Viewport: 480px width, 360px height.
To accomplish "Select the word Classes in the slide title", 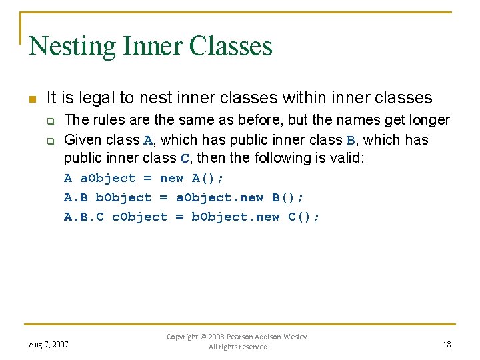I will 231,47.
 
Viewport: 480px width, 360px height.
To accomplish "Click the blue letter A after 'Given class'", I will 148,141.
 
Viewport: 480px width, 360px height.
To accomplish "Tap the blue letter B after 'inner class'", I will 351,141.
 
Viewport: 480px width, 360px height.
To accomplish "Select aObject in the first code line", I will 107,178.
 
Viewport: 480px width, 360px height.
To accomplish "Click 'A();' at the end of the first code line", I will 207,178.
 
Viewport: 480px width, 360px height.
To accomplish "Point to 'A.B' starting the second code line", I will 75,197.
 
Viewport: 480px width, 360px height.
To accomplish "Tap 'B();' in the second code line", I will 287,197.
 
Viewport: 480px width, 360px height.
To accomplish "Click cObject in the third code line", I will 139,217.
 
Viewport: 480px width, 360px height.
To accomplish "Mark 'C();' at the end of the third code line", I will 303,217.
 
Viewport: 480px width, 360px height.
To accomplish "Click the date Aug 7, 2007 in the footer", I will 49,345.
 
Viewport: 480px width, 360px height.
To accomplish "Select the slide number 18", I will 446,344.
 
